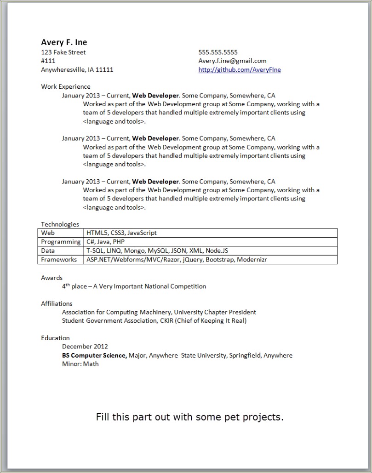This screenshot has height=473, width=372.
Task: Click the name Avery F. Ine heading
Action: pyautogui.click(x=64, y=42)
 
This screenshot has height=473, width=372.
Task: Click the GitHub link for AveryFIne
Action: pyautogui.click(x=239, y=70)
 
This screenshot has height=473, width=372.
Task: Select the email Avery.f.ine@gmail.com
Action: pyautogui.click(x=232, y=61)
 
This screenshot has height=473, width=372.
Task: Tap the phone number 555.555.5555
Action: pyautogui.click(x=218, y=52)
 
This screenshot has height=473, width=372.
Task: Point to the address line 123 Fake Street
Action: pyautogui.click(x=63, y=52)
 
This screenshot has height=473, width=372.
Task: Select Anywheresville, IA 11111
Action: pyautogui.click(x=77, y=70)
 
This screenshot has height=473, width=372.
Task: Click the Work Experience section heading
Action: pyautogui.click(x=66, y=86)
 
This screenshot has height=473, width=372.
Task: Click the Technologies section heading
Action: pyautogui.click(x=60, y=224)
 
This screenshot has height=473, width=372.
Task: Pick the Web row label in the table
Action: pyautogui.click(x=48, y=233)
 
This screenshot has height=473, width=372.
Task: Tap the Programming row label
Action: pyautogui.click(x=61, y=242)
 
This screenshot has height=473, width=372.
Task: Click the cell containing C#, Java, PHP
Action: pyautogui.click(x=105, y=242)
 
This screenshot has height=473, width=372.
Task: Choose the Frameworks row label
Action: pyautogui.click(x=59, y=260)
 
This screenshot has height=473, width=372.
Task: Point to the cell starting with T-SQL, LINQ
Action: pyautogui.click(x=157, y=251)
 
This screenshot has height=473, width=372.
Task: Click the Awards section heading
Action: pyautogui.click(x=52, y=278)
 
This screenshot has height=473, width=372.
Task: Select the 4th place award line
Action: pyautogui.click(x=134, y=286)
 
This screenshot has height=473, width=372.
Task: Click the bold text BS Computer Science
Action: pyautogui.click(x=94, y=355)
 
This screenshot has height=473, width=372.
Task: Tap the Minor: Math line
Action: pyautogui.click(x=80, y=364)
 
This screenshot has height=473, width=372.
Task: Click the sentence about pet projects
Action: pyautogui.click(x=189, y=417)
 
